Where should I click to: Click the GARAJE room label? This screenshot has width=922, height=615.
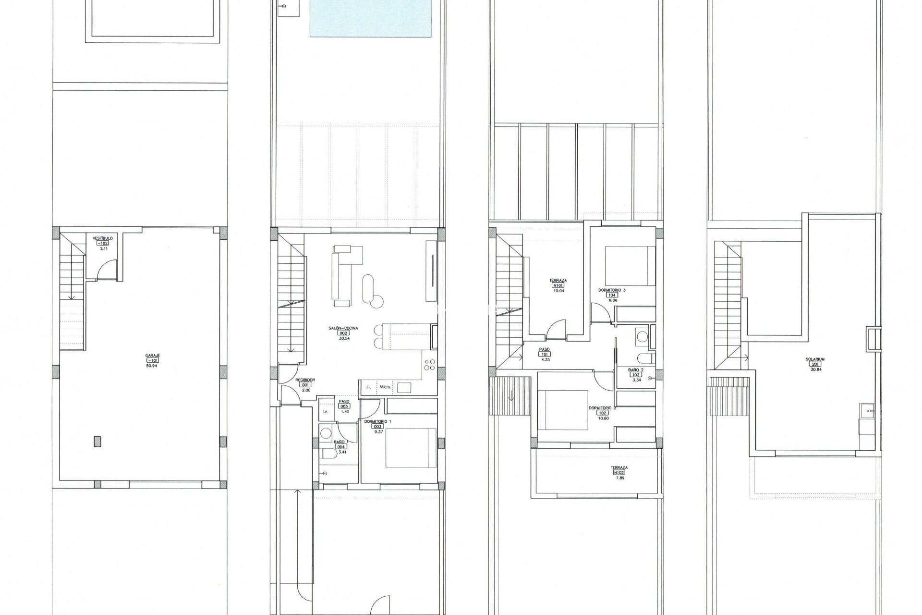point(152,356)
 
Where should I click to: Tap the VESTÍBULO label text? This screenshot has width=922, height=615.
point(102,238)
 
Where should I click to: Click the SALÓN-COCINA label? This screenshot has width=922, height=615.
point(343,328)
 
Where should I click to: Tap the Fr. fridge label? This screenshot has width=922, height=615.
point(369,387)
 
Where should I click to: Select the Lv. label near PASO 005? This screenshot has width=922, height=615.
point(325,412)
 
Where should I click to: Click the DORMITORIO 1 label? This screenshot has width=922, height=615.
point(377,421)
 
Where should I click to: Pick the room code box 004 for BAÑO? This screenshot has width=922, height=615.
point(340,446)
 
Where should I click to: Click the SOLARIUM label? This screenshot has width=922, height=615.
point(815,359)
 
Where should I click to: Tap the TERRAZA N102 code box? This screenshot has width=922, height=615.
point(619,472)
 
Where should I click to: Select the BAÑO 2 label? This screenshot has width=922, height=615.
point(635,369)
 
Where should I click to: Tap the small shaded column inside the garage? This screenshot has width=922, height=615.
point(97,441)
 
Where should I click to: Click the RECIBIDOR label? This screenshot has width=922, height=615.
point(305,380)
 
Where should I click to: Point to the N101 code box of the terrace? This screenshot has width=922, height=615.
point(558,285)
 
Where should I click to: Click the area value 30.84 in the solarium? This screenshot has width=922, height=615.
point(816,369)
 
